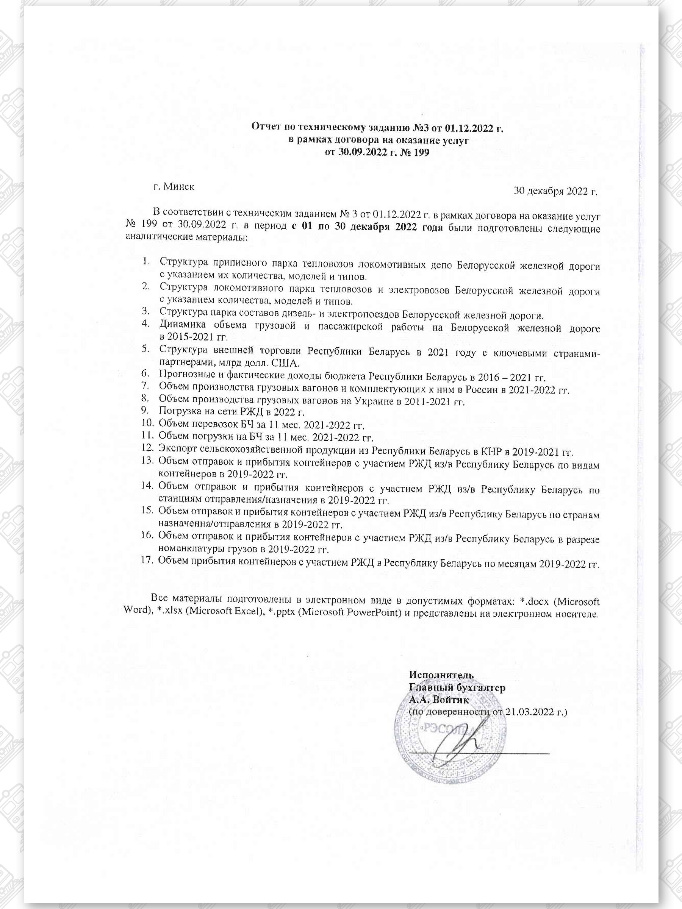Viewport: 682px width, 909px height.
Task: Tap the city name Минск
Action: tap(179, 186)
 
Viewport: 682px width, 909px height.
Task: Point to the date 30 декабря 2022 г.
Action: tap(556, 191)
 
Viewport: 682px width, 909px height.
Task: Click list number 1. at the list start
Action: tap(146, 261)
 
